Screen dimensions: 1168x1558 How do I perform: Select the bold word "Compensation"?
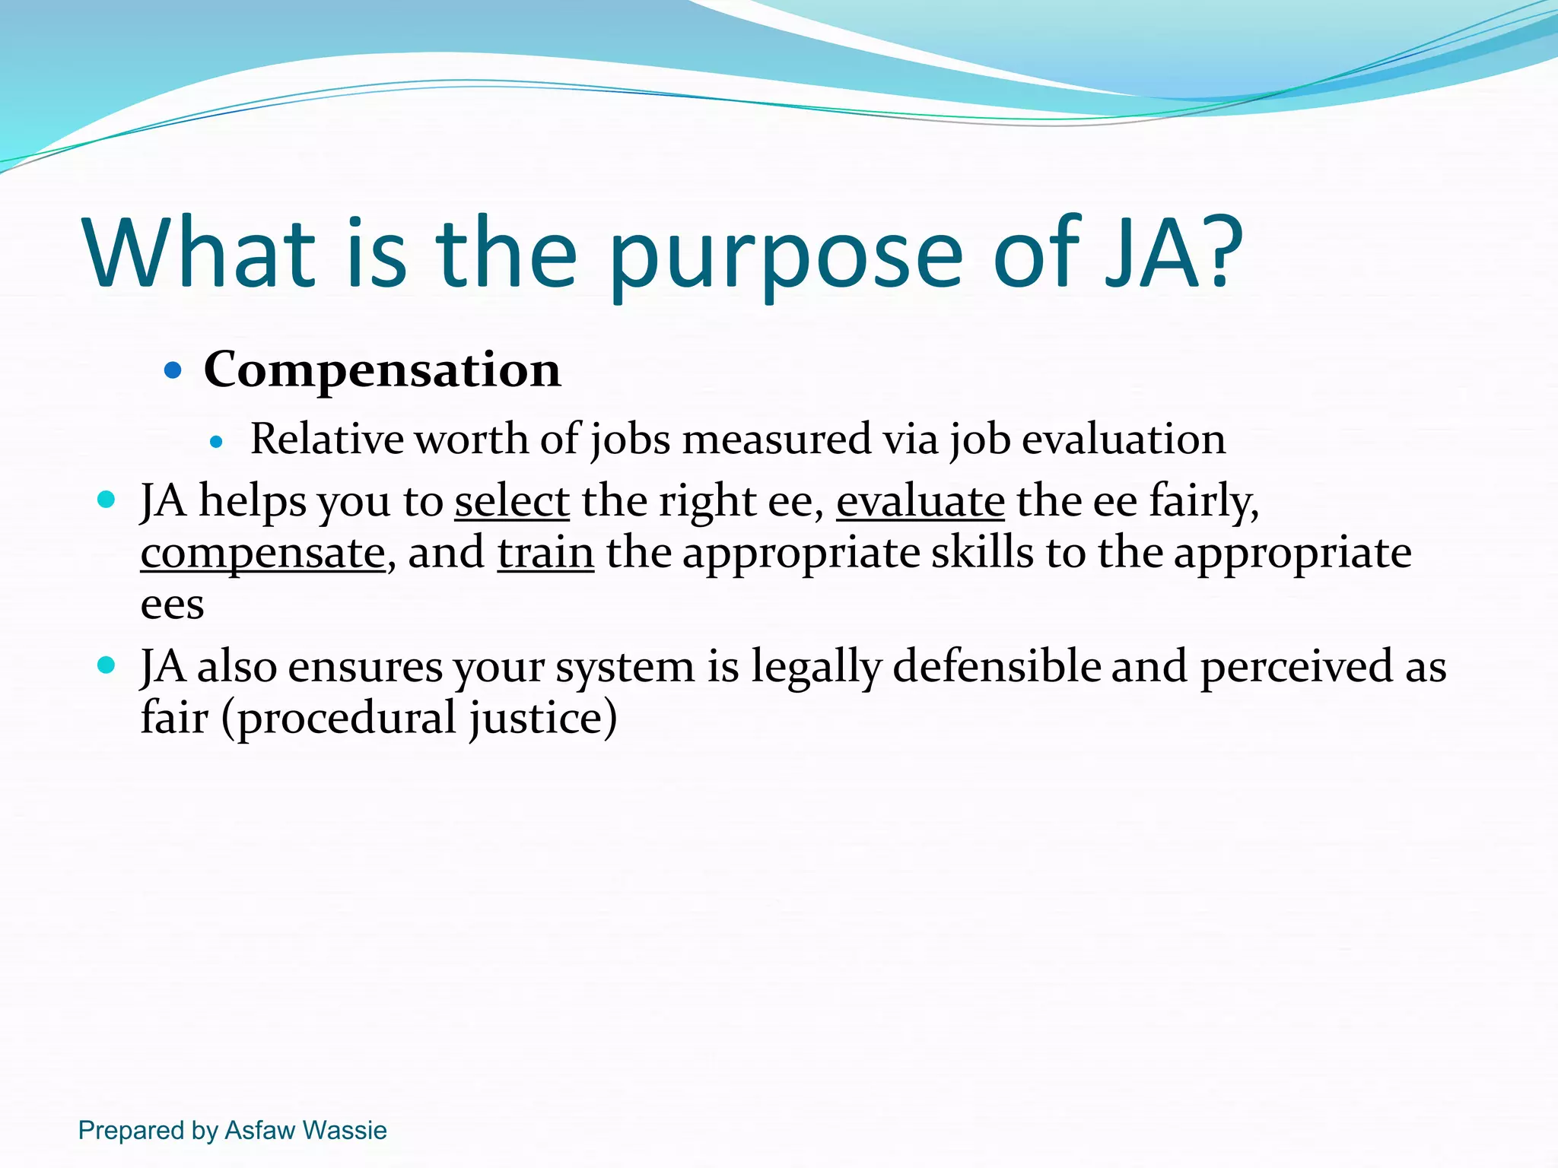(x=382, y=370)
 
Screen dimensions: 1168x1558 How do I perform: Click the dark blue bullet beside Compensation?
(x=173, y=371)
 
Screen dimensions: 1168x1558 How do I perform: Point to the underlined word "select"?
(x=512, y=502)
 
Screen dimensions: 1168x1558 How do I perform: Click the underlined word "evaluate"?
(x=920, y=502)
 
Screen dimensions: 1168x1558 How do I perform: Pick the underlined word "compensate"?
(x=262, y=554)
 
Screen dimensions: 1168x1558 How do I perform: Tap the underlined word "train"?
(x=545, y=553)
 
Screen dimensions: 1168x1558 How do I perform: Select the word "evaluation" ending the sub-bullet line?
(x=1123, y=440)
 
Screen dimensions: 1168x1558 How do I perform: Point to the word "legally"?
(x=816, y=667)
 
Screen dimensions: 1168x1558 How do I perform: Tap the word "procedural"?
(x=345, y=719)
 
